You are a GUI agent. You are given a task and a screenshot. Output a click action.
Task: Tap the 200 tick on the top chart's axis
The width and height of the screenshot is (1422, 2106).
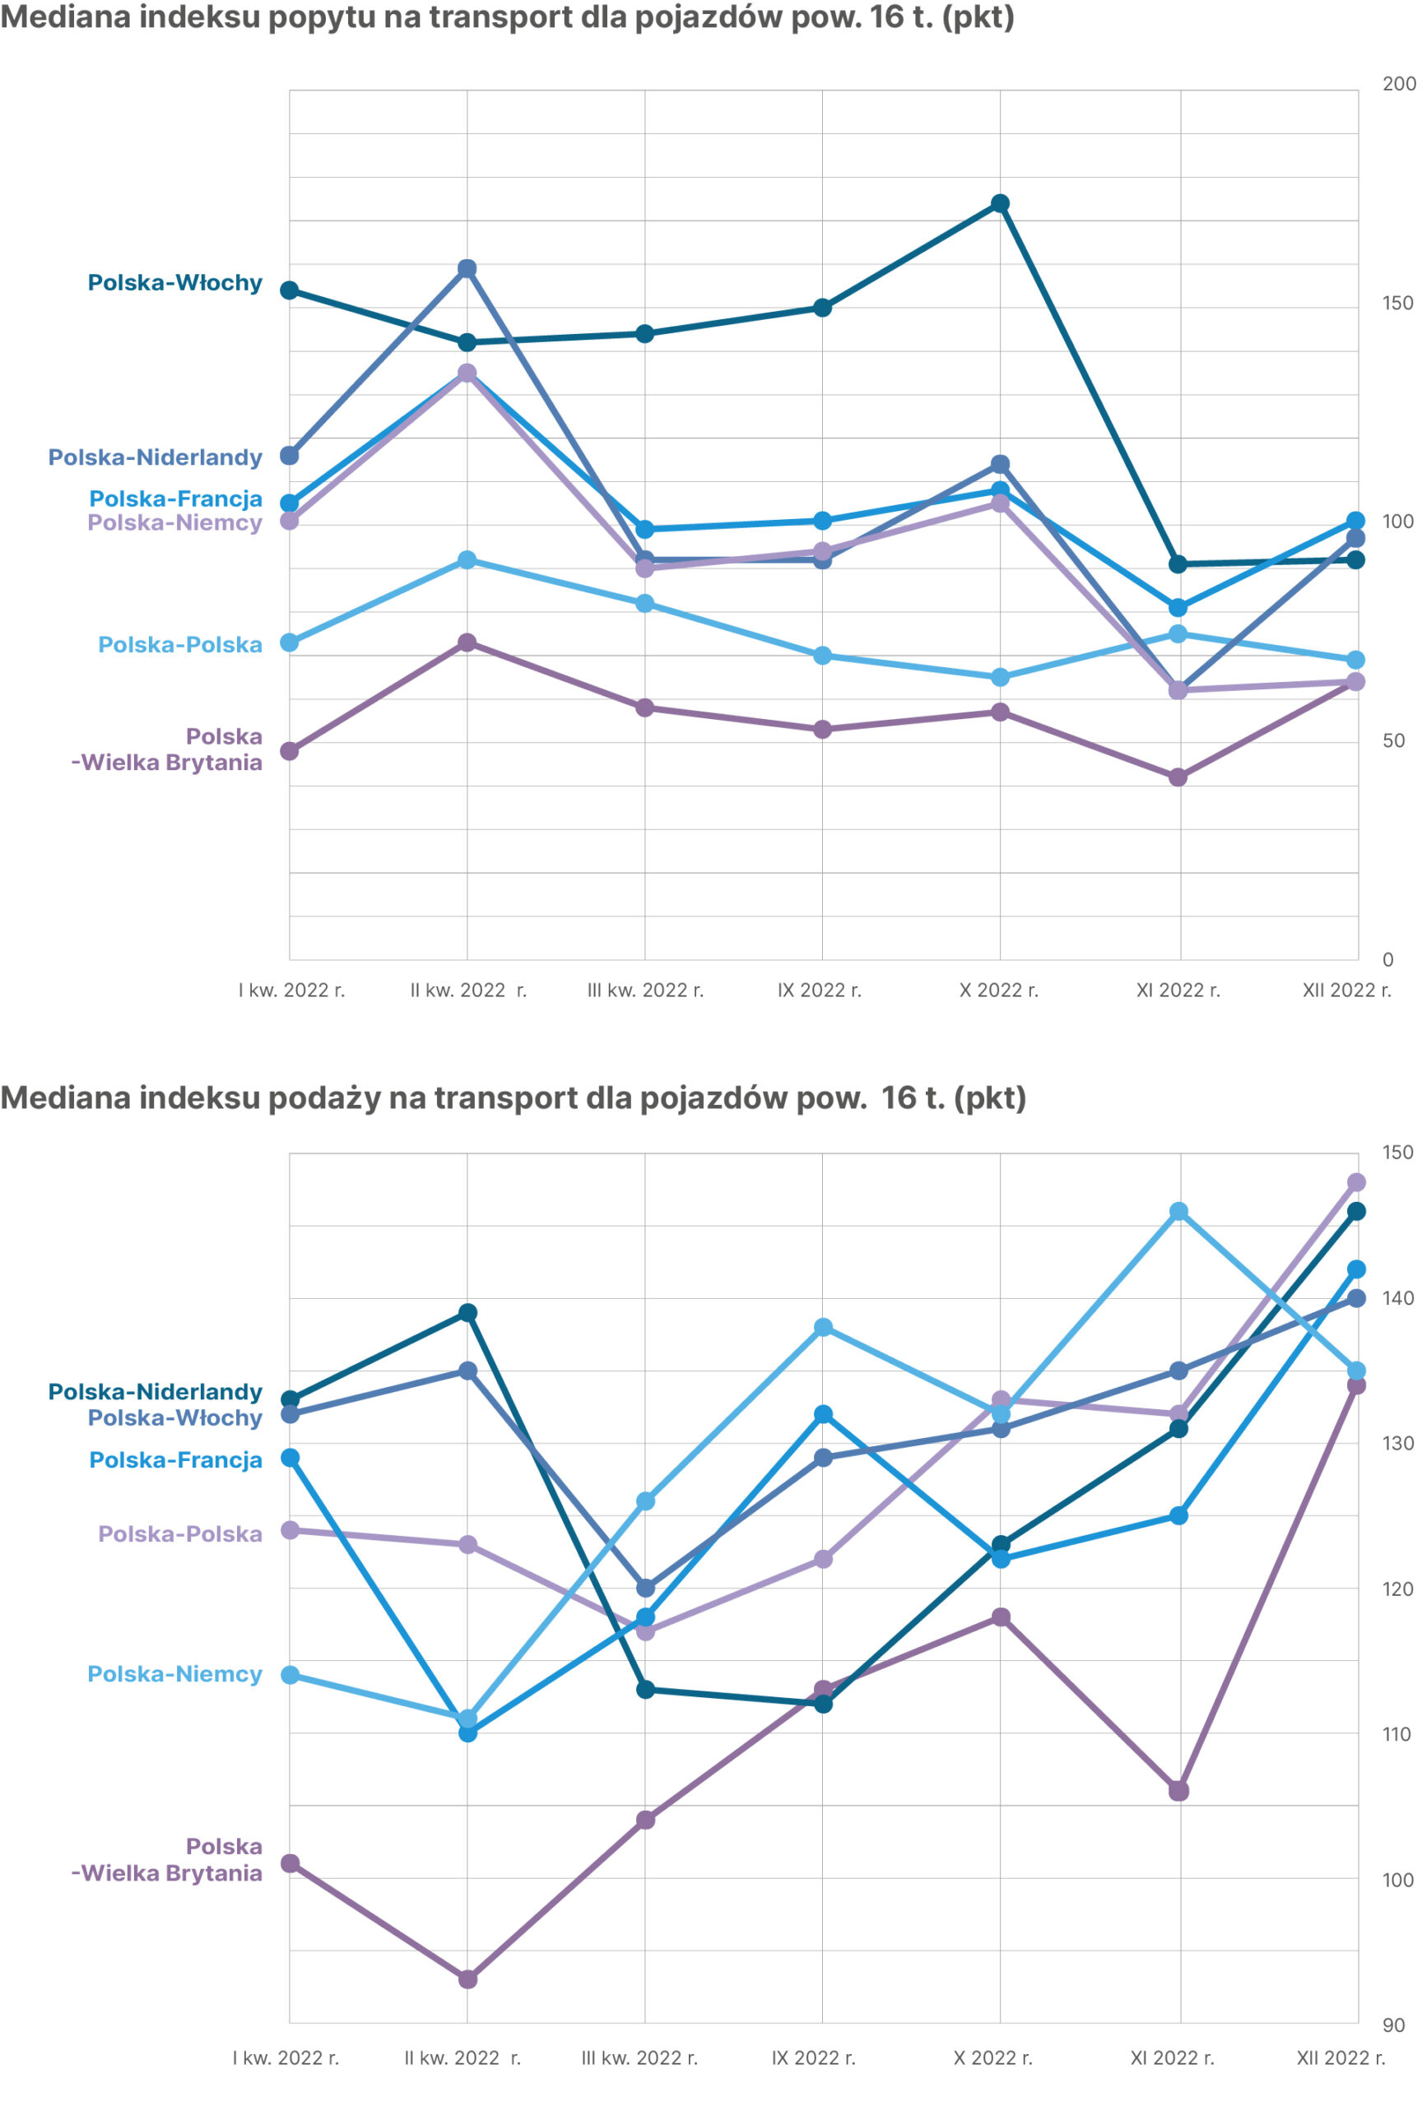[x=1398, y=84]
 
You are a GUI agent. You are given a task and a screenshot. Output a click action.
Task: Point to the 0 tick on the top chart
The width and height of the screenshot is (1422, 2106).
[x=1387, y=960]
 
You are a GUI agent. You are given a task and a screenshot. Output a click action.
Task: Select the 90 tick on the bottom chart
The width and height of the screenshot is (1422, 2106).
[x=1393, y=2025]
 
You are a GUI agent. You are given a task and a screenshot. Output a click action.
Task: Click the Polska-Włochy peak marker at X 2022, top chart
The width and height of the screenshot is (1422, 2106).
[x=1000, y=204]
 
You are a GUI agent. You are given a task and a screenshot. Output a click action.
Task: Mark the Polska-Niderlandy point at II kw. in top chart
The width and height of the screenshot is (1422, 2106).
[x=467, y=269]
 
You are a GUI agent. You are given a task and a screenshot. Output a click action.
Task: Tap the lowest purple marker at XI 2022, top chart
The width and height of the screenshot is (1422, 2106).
[x=1178, y=777]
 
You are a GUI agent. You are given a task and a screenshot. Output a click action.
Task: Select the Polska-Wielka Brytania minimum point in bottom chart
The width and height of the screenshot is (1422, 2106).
[x=467, y=1979]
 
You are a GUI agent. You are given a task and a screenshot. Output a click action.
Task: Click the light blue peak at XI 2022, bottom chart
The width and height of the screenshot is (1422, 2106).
[x=1178, y=1212]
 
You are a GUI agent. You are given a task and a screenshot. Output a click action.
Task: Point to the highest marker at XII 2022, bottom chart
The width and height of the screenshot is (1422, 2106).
[x=1356, y=1183]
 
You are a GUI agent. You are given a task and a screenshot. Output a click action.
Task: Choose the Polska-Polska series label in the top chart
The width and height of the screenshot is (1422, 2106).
[x=179, y=645]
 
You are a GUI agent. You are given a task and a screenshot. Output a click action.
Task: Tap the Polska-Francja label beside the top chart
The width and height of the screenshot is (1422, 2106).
[x=175, y=499]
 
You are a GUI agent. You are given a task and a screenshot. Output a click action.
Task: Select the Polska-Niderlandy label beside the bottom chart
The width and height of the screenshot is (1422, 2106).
[x=155, y=1392]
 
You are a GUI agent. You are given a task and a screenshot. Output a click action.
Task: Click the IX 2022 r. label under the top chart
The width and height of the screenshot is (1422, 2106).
[x=820, y=990]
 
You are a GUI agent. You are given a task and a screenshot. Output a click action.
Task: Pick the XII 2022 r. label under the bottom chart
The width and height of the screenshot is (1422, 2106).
[x=1341, y=2058]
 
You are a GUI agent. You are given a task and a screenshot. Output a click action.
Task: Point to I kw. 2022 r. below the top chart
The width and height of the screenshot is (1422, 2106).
[x=291, y=990]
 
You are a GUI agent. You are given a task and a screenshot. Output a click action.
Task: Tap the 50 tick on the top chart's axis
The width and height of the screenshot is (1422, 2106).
[x=1393, y=741]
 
